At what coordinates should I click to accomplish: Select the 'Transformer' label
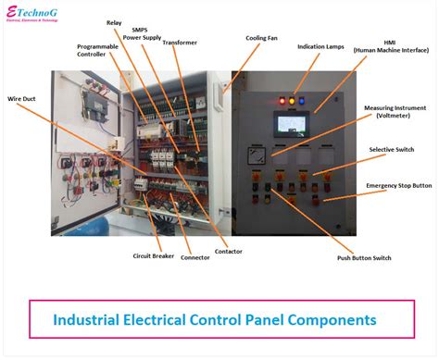click(179, 43)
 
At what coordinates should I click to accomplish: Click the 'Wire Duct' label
click(23, 97)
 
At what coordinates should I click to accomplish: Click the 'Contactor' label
click(229, 251)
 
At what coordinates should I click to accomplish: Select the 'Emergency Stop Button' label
click(398, 186)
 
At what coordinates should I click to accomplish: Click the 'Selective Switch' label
click(392, 149)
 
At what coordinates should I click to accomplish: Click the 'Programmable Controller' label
click(97, 50)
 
